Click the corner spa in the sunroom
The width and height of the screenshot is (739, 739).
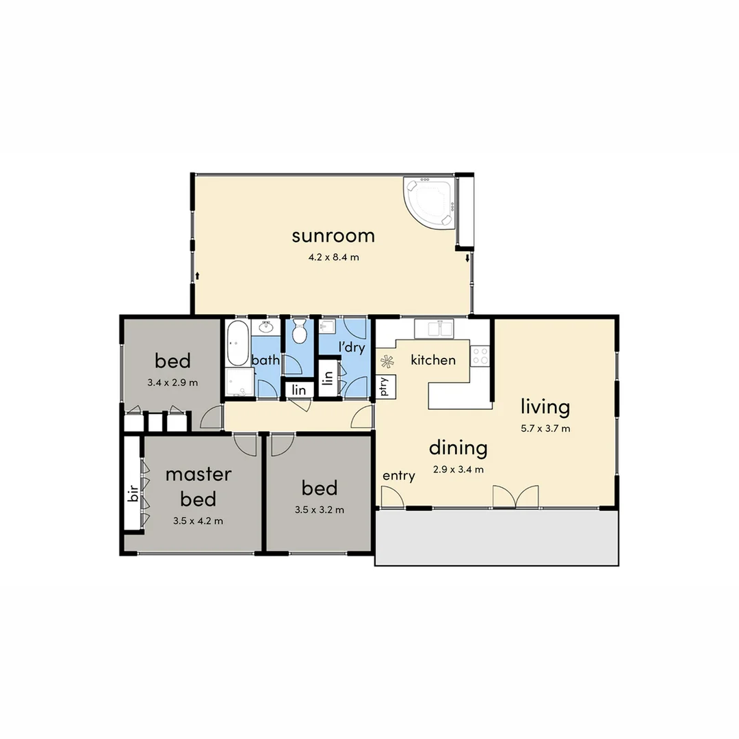point(429,201)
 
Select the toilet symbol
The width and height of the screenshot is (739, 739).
point(299,333)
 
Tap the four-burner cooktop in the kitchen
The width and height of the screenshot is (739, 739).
point(480,356)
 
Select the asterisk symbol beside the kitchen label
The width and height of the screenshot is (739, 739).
point(387,361)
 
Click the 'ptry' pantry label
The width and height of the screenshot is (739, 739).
point(384,387)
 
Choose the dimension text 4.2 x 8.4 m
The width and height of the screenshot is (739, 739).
point(335,258)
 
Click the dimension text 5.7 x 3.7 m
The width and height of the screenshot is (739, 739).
point(545,429)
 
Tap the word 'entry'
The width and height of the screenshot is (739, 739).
point(398,476)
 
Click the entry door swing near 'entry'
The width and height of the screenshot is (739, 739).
point(391,497)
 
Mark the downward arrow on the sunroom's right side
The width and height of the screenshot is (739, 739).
point(467,259)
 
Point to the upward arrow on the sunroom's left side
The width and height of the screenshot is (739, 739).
point(198,276)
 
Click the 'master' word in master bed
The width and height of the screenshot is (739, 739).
point(198,474)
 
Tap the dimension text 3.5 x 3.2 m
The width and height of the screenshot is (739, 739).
point(319,510)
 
